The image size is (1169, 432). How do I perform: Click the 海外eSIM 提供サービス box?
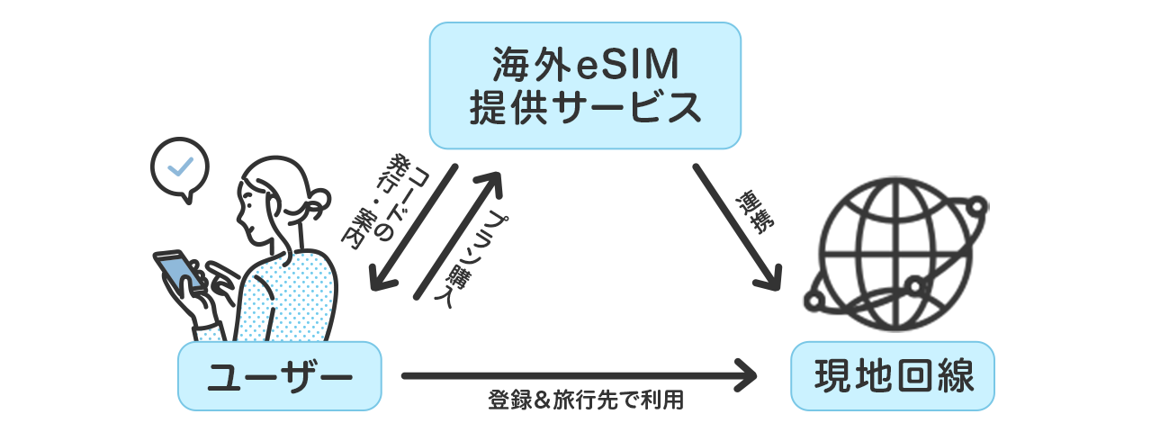pyautogui.click(x=584, y=85)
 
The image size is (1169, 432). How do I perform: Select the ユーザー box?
pyautogui.click(x=279, y=376)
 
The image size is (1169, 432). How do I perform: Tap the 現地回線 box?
pyautogui.click(x=892, y=375)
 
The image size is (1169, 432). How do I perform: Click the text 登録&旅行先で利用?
pyautogui.click(x=586, y=400)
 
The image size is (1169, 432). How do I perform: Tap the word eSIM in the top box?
pyautogui.click(x=629, y=64)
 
